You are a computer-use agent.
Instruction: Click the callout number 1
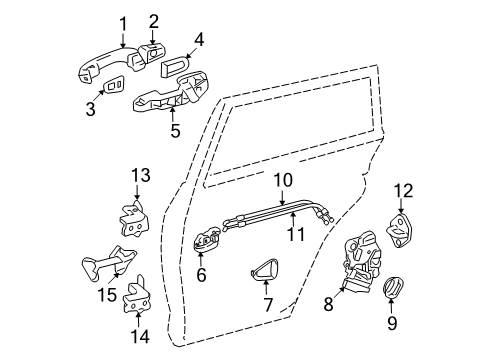click(124, 24)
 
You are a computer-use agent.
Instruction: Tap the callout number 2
click(154, 20)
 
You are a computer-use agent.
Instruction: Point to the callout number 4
click(198, 41)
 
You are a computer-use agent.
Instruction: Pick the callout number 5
click(175, 130)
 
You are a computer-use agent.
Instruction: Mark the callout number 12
click(402, 190)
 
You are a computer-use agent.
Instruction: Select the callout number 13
click(139, 177)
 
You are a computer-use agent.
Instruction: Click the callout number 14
click(142, 337)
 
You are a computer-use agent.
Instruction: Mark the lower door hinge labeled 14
click(138, 296)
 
